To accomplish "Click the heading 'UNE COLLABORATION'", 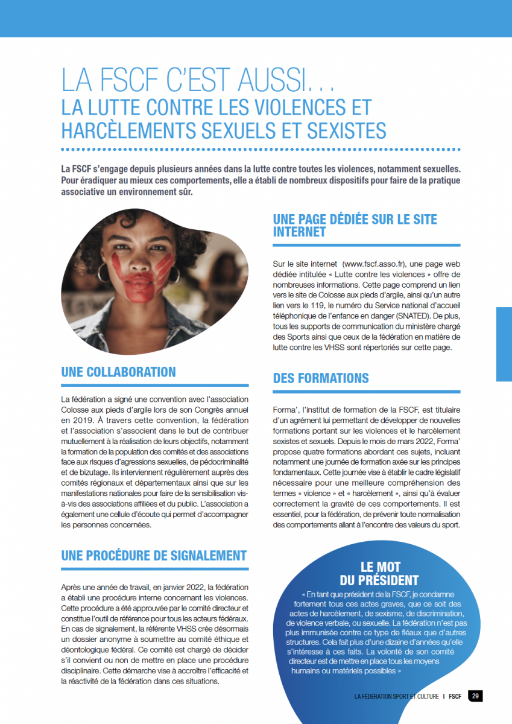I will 118,372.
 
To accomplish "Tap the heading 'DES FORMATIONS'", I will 321,378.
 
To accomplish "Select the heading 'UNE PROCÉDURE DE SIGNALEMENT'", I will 154,556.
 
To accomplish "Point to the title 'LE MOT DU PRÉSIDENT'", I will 380,574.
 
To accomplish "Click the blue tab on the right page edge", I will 504,344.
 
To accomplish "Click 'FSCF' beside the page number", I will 455,696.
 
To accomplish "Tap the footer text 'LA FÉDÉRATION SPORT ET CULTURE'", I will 397,696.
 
